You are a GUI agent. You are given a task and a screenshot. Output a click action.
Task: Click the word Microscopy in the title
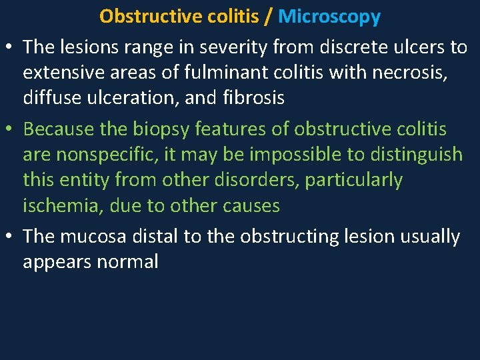point(329,16)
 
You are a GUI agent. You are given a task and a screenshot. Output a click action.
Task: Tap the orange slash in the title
point(268,16)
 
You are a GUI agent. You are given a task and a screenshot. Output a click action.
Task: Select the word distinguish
point(413,155)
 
